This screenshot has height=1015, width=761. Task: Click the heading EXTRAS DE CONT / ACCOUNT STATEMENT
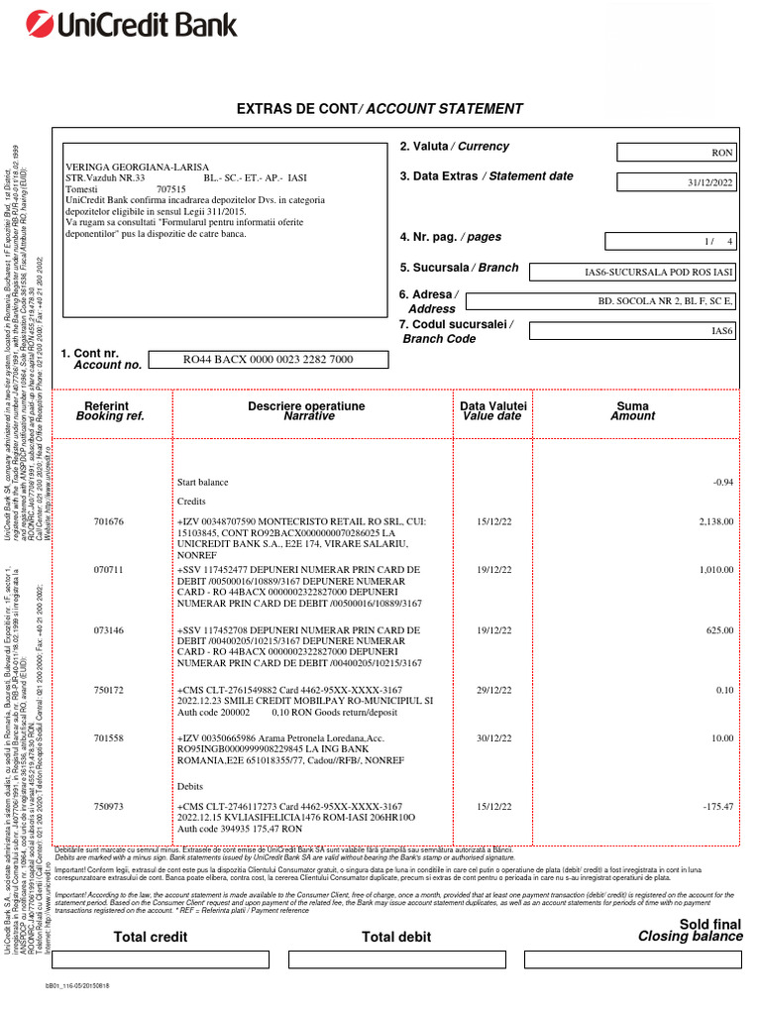point(379,109)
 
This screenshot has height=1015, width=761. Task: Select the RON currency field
point(678,153)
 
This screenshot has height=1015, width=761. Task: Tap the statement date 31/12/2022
point(678,182)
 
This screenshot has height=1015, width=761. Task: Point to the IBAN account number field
point(268,360)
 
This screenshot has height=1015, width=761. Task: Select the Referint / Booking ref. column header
point(110,411)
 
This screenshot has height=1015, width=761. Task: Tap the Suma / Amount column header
point(632,411)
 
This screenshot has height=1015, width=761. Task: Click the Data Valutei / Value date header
point(493,411)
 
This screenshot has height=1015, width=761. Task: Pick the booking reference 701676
point(109,521)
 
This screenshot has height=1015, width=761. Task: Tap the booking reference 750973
point(109,807)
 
